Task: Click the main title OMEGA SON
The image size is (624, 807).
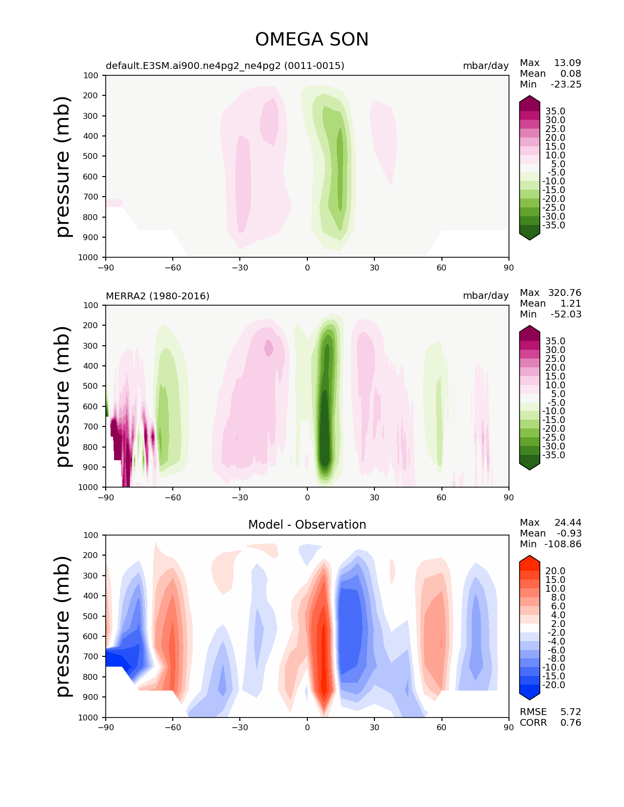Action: point(311,39)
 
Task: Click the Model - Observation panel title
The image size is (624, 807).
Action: point(307,524)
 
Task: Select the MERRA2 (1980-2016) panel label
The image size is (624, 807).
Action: point(158,296)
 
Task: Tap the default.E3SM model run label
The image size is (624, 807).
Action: point(225,66)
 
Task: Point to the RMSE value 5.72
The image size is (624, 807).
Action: point(571,712)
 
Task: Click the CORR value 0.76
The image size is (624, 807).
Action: point(571,722)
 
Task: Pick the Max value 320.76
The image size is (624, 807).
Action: point(564,292)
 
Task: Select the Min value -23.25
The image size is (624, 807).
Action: point(566,84)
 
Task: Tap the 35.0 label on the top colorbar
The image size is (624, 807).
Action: point(555,111)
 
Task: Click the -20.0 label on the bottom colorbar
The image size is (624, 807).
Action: point(554,685)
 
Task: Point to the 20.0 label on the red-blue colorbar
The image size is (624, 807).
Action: point(555,571)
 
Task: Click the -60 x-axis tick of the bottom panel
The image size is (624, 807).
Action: point(173,727)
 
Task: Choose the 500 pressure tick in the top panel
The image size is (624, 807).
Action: point(91,156)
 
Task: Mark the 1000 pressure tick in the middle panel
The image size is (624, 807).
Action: point(88,487)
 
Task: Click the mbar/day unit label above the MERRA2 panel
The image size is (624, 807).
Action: point(485,295)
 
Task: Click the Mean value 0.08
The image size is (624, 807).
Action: point(571,73)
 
